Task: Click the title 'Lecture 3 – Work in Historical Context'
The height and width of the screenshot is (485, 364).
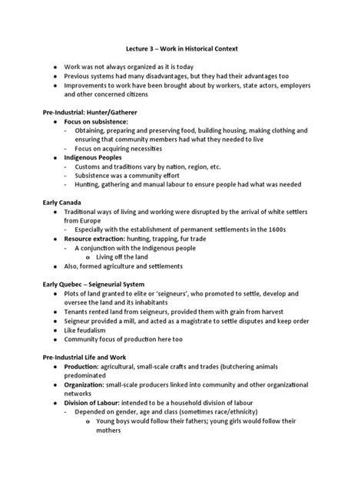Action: pyautogui.click(x=183, y=49)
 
